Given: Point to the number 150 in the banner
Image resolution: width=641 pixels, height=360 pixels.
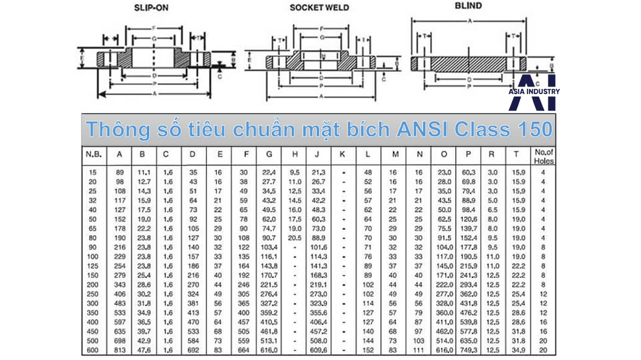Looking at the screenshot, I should coord(531,129).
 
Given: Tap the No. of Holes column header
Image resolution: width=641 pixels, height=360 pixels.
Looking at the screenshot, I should coord(543,156).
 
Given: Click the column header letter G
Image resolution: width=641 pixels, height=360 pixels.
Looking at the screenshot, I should coord(269,155).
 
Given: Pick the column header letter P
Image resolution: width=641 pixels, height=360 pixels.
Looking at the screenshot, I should coord(469,155).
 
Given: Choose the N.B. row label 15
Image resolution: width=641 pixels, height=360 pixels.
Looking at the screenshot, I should coord(92,172).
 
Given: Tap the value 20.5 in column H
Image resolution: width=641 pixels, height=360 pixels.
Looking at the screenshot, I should coord(295,238).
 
